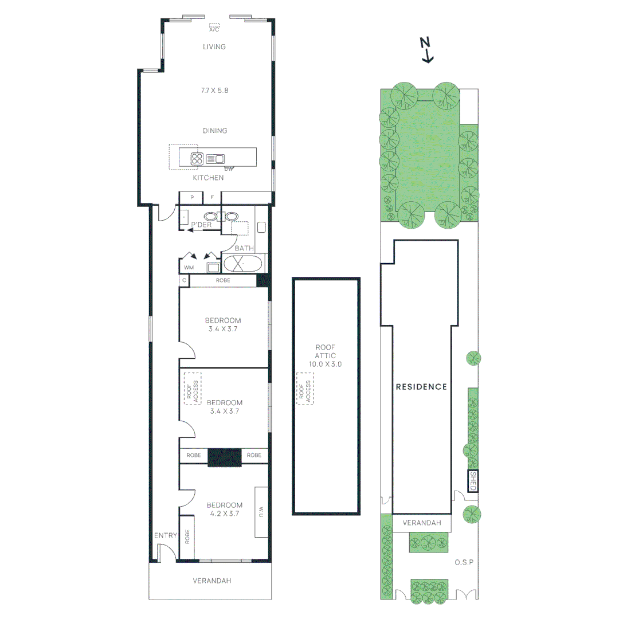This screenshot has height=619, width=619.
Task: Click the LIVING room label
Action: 214,46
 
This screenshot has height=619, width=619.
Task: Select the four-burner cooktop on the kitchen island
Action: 197,159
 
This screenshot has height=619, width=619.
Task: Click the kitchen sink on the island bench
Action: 216,159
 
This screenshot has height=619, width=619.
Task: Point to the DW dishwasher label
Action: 229,169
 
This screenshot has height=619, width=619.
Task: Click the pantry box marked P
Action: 192,198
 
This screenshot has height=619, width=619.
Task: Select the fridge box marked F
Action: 212,198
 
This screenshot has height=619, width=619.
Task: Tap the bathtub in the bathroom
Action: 243,264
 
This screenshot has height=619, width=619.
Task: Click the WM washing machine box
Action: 188,268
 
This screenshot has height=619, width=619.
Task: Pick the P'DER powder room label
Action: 201,225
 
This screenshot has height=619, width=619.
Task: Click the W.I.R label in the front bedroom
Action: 261,512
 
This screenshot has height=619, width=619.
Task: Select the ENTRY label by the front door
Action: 165,535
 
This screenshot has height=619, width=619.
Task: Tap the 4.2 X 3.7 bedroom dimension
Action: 224,514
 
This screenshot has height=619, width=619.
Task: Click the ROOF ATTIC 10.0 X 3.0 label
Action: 325,355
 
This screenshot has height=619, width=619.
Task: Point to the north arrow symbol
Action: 425,49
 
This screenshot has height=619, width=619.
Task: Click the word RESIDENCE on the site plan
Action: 421,387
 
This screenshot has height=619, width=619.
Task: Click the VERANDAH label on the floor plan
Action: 211,581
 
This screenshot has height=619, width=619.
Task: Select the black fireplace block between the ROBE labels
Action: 224,456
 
